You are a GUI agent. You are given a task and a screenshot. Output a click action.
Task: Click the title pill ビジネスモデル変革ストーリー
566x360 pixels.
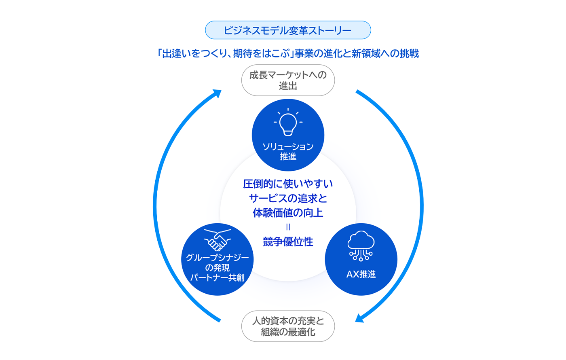coord(288,30)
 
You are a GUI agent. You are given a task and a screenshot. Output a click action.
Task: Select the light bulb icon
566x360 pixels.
coord(288,122)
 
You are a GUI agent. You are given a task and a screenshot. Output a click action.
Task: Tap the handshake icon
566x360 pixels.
coord(218,240)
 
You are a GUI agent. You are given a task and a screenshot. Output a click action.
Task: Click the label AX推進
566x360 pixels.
coord(361,274)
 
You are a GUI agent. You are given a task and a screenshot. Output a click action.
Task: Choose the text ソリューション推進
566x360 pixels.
coord(288,151)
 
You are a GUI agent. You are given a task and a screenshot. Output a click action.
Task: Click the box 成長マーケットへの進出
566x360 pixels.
coord(288,80)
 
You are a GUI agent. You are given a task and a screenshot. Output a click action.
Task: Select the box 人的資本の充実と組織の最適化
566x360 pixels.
coord(288,326)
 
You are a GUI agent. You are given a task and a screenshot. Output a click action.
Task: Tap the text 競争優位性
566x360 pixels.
coord(288,242)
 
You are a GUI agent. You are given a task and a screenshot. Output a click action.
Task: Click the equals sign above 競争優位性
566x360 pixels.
coord(288,227)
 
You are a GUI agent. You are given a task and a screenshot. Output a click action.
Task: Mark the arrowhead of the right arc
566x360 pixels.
coord(359,318)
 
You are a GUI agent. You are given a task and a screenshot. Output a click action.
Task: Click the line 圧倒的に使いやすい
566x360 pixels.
coord(288,184)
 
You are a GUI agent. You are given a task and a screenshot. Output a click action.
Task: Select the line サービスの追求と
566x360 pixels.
coord(288,199)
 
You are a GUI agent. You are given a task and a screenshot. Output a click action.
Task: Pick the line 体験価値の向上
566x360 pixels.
coord(288,213)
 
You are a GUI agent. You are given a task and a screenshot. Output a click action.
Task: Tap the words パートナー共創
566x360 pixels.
coord(218,278)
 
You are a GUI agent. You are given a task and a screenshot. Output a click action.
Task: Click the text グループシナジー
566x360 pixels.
coord(218,258)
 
